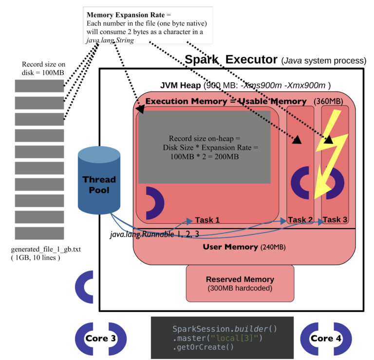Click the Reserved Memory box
(x=240, y=284)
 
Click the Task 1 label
(x=207, y=220)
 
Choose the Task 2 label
(x=300, y=220)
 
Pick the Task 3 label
(x=335, y=220)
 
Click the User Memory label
(x=230, y=247)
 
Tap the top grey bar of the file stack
(x=39, y=86)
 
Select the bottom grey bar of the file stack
(x=39, y=233)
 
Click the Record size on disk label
(x=43, y=68)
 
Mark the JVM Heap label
(x=181, y=86)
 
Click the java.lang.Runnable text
(x=141, y=234)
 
